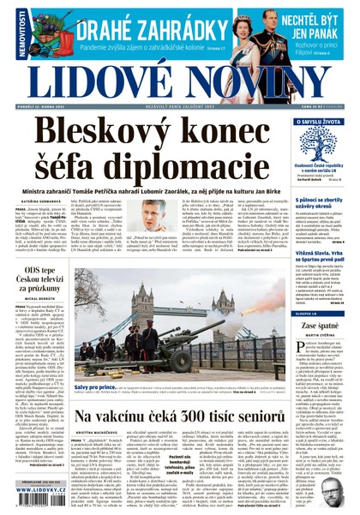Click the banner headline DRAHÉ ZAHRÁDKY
click(x=139, y=30)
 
